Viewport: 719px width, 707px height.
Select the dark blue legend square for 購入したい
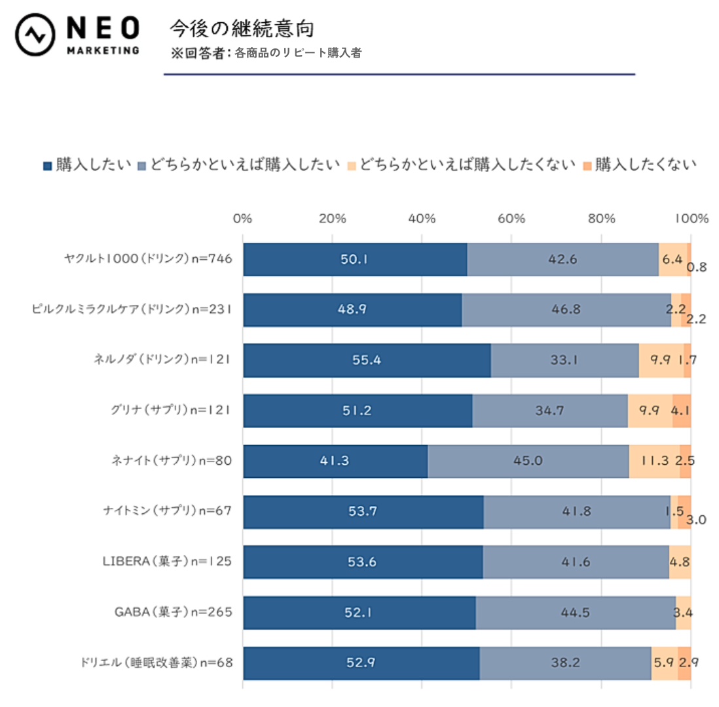click(48, 165)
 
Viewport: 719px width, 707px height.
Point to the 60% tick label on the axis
click(511, 219)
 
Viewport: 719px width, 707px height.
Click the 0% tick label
click(243, 219)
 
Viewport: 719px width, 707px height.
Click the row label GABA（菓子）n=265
click(174, 613)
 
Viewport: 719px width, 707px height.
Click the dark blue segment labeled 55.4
click(367, 360)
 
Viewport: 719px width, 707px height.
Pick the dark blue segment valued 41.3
click(335, 461)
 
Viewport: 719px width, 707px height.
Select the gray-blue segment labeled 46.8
click(566, 310)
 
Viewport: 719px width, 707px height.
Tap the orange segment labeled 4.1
click(682, 410)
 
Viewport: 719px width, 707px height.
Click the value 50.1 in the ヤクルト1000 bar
click(354, 259)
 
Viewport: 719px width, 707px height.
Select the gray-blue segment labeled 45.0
click(528, 461)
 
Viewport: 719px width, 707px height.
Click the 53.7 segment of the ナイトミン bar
click(363, 512)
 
